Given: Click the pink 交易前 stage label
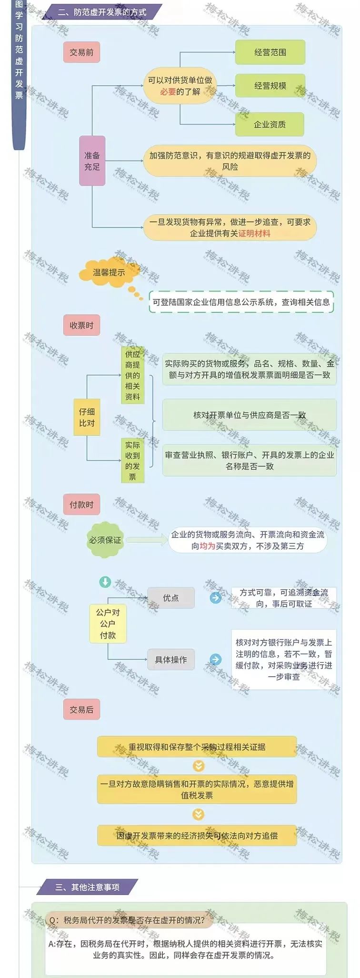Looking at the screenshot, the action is click(81, 52).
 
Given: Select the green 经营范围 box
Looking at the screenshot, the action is click(270, 52).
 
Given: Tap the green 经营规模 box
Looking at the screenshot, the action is click(270, 86).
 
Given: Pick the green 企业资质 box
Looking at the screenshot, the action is click(270, 125).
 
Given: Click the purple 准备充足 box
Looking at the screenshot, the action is click(92, 161).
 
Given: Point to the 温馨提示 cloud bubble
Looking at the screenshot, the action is click(109, 273).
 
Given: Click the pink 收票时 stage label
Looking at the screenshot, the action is click(81, 326).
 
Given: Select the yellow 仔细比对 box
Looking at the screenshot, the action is click(87, 417).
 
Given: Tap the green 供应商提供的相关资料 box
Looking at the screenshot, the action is click(132, 375).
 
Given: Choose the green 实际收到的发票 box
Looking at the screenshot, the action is click(132, 461).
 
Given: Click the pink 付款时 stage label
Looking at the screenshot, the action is click(81, 505).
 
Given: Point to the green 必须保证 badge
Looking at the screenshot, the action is click(105, 540).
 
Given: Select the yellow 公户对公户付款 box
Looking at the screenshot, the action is click(108, 624).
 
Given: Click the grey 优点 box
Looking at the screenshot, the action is click(171, 598).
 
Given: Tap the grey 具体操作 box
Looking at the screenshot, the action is click(171, 660).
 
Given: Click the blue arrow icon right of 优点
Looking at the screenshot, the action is click(216, 598).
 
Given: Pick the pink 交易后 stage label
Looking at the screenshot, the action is click(81, 709).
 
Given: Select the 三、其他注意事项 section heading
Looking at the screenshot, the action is click(87, 888).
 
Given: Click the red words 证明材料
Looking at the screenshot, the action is click(254, 233).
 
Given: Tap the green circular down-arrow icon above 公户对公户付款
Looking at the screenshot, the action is click(105, 582).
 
